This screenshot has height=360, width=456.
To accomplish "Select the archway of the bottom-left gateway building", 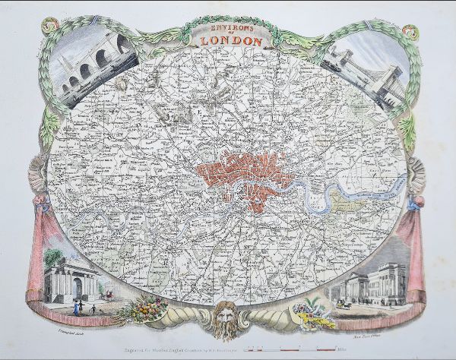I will point(61,287).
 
